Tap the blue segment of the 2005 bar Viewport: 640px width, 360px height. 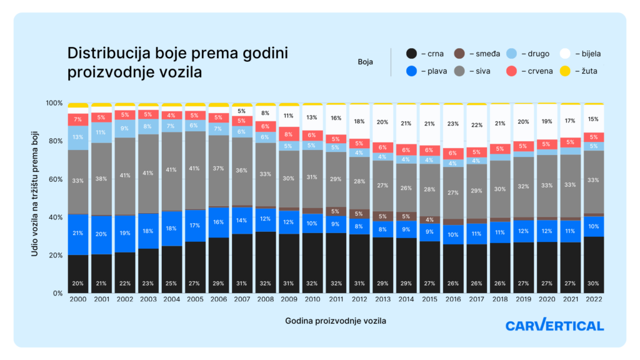pos(195,226)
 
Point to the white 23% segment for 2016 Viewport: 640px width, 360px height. pos(453,124)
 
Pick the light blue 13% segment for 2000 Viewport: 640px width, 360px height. pos(78,137)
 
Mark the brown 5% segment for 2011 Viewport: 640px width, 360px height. pos(336,211)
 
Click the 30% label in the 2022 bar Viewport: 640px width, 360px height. pos(594,282)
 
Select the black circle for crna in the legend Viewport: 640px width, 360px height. pos(411,54)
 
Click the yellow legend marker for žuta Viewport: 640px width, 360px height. pos(565,71)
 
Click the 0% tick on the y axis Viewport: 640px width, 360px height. pos(56,293)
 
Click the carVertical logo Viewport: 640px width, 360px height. pos(554,326)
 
